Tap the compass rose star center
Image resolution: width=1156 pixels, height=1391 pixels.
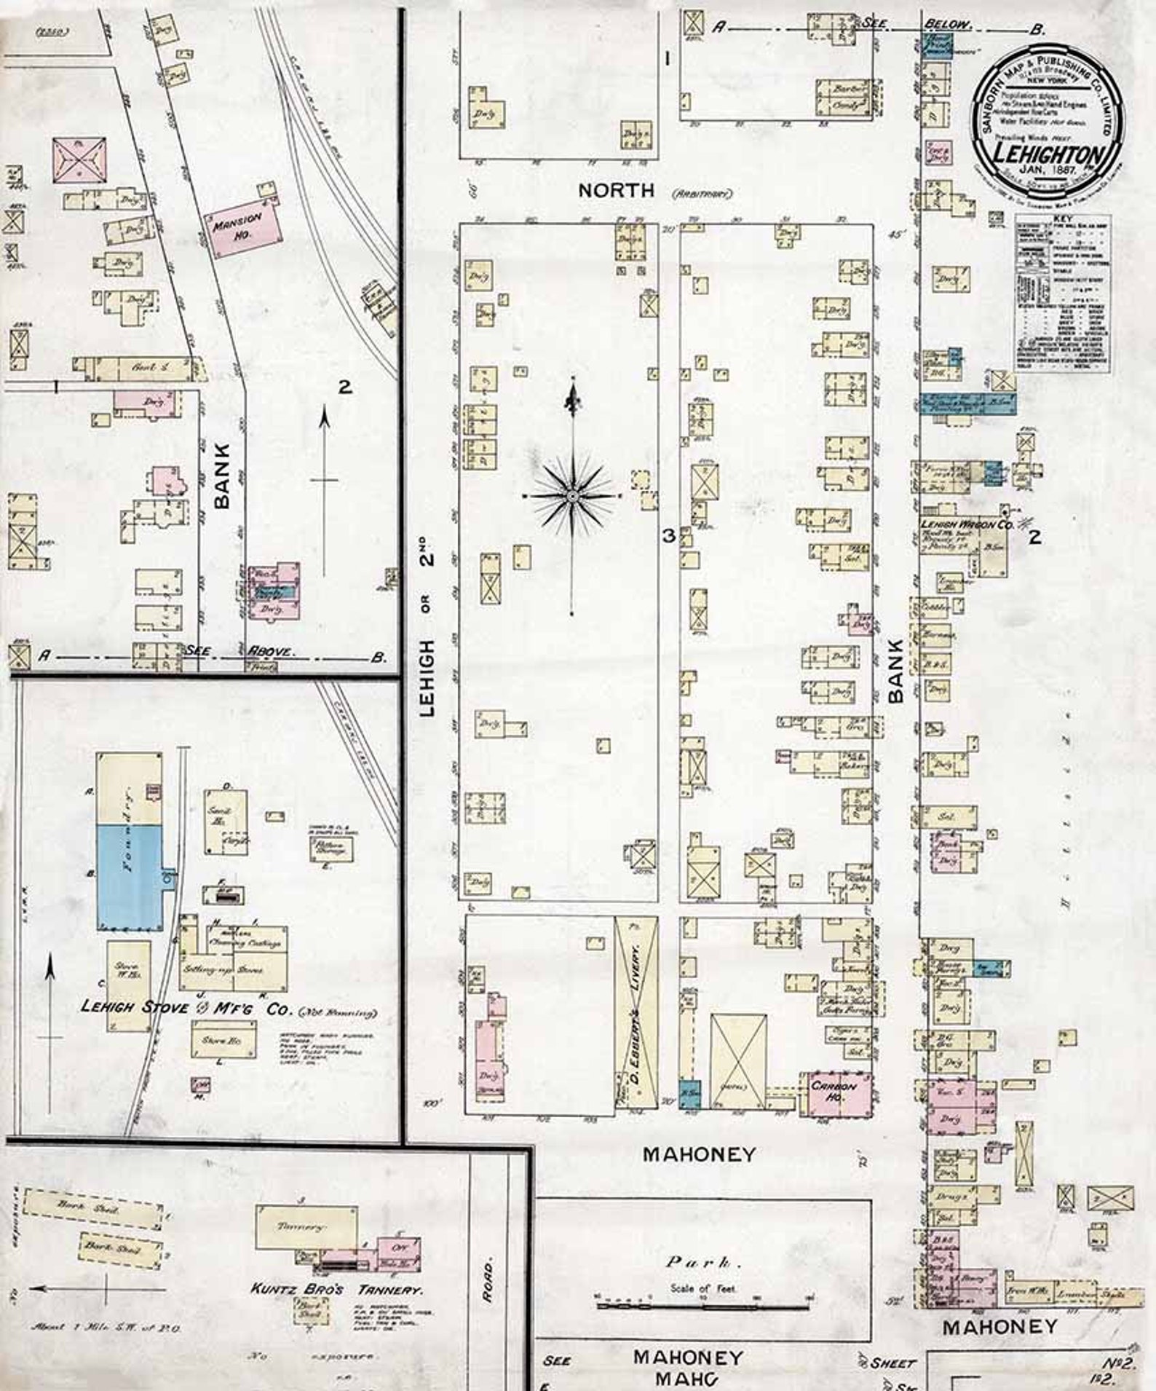point(572,495)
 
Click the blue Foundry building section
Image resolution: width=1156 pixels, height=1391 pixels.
point(130,877)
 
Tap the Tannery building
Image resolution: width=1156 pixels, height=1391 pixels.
point(298,1226)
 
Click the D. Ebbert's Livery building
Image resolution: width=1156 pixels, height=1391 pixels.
point(636,1012)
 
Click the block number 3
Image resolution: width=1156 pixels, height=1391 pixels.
point(666,537)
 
